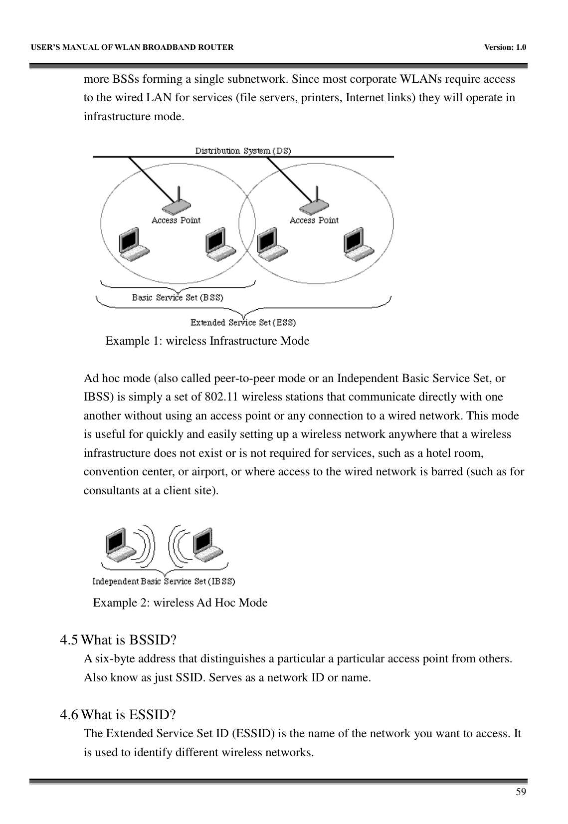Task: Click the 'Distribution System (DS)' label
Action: [x=243, y=150]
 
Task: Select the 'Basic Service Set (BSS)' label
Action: [x=178, y=297]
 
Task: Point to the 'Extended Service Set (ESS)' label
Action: [x=243, y=323]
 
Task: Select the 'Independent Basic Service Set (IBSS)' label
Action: [x=164, y=581]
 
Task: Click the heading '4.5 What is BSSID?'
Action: [x=119, y=639]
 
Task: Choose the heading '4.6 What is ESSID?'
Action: [x=118, y=715]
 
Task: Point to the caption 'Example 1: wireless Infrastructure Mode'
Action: [x=207, y=341]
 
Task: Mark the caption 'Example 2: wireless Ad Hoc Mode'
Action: [x=180, y=603]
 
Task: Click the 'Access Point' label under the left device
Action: [x=176, y=220]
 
